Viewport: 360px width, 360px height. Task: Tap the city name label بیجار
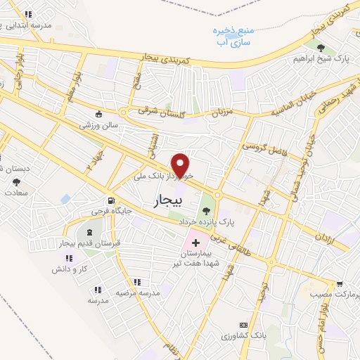pyautogui.click(x=167, y=202)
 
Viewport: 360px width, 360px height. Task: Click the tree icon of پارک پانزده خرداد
pyautogui.click(x=206, y=208)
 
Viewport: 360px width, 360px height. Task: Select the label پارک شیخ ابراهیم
pyautogui.click(x=321, y=60)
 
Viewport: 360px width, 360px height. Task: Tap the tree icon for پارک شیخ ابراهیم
pyautogui.click(x=321, y=48)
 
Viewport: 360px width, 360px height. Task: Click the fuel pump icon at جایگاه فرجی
pyautogui.click(x=110, y=200)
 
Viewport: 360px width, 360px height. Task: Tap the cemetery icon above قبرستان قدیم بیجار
pyautogui.click(x=89, y=231)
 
